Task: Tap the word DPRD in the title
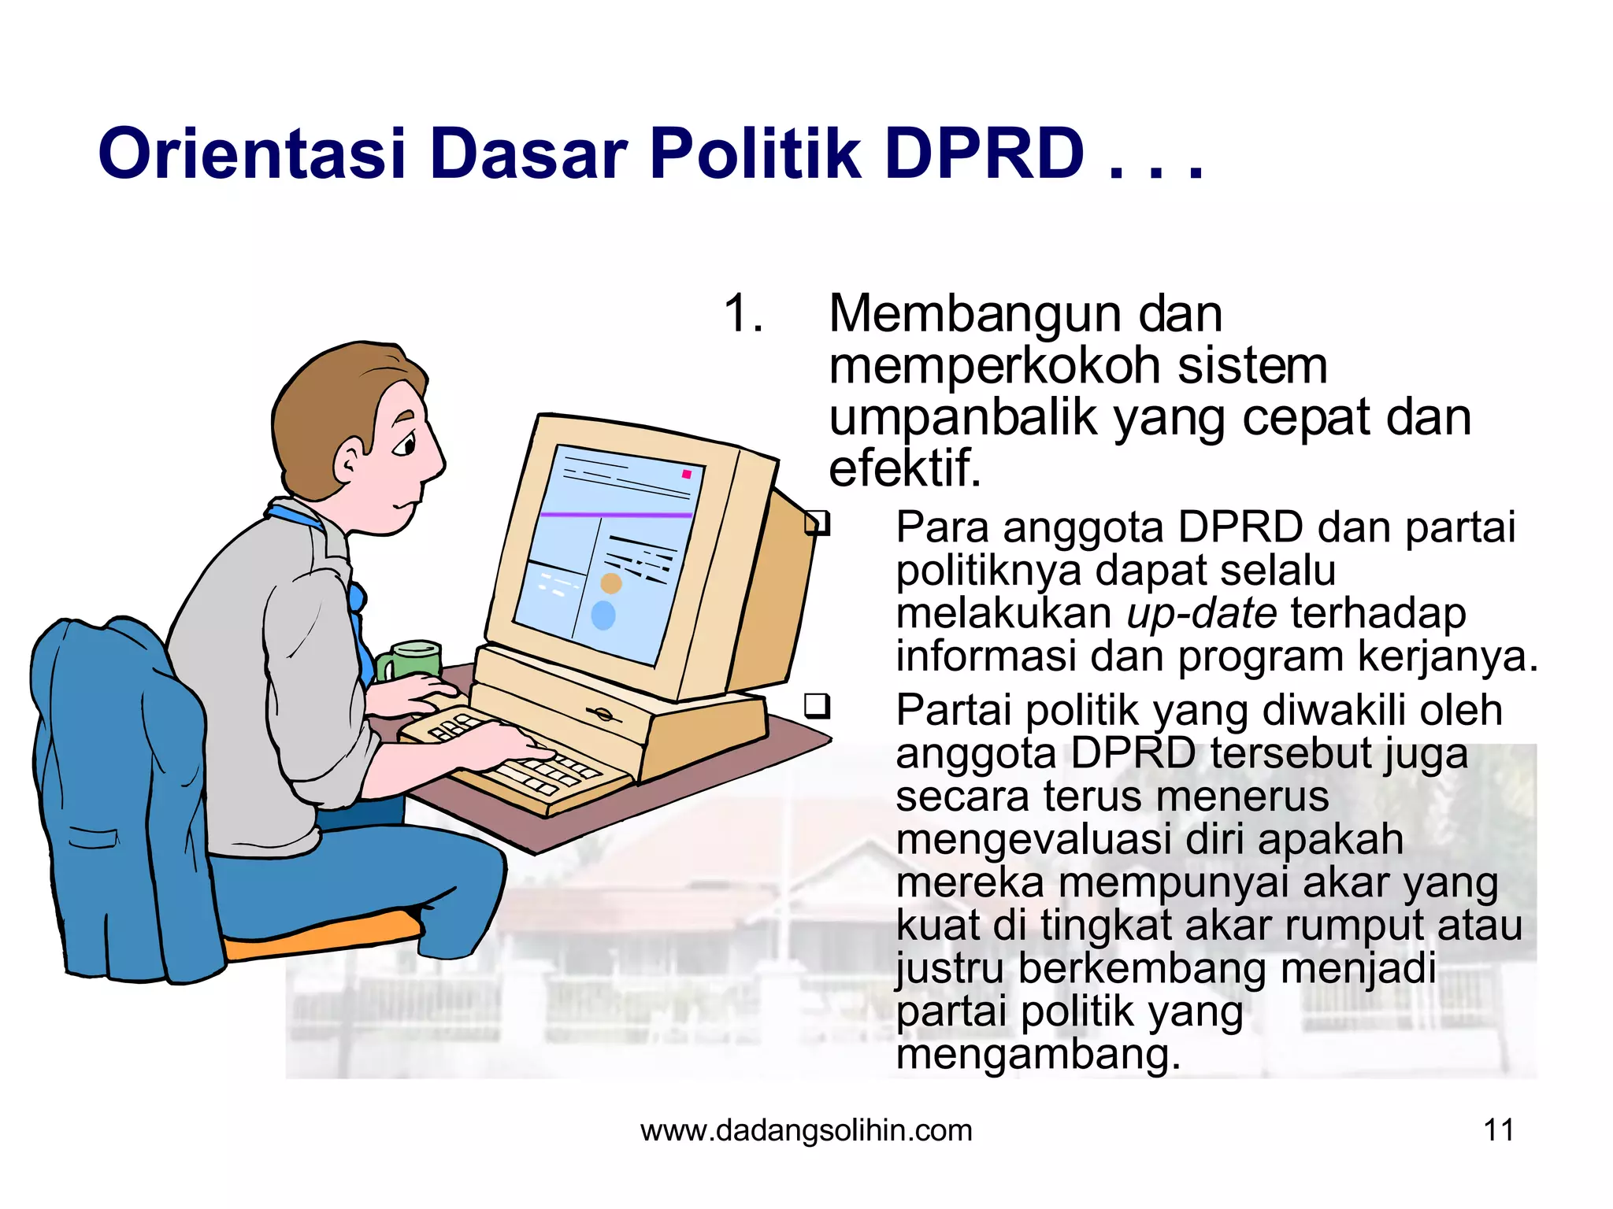pos(984,153)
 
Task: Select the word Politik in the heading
pos(754,153)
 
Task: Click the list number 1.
pos(743,314)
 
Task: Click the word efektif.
pos(904,469)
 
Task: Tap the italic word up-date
pos(1201,614)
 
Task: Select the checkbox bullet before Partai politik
pos(817,705)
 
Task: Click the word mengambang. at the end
pos(1038,1056)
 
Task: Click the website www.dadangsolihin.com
pos(806,1130)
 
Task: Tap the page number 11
pos(1498,1130)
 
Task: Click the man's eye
pos(405,446)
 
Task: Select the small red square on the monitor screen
pos(686,475)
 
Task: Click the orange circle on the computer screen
pos(611,583)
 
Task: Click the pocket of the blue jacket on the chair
pos(93,838)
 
